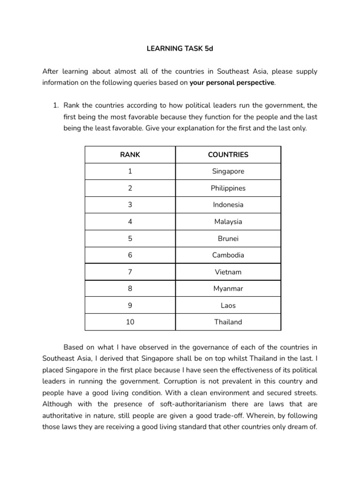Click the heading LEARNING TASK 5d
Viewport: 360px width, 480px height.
180,48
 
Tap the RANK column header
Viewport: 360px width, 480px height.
130,154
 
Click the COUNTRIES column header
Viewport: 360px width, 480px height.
228,154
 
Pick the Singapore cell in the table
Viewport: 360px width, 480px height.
228,171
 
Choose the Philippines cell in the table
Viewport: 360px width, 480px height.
228,188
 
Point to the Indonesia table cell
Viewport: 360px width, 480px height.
228,205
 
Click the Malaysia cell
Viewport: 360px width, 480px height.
228,222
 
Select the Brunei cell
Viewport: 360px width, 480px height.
228,239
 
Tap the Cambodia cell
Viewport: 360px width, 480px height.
228,255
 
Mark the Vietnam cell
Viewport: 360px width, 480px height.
228,272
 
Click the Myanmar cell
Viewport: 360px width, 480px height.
228,289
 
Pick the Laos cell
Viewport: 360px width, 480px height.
228,306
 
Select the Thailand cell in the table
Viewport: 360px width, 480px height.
228,322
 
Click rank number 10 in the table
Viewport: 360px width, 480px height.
130,322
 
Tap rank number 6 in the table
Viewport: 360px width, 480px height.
130,255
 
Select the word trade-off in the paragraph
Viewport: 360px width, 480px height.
227,415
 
